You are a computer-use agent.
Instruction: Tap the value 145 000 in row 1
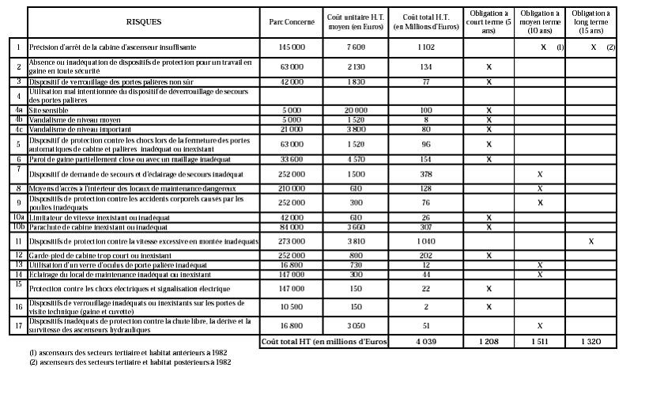click(292, 47)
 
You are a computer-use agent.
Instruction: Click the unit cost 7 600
click(355, 47)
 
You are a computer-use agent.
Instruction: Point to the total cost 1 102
click(426, 47)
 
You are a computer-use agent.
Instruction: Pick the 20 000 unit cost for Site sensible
click(355, 110)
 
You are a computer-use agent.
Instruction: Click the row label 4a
click(17, 110)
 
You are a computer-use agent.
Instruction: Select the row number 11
click(17, 241)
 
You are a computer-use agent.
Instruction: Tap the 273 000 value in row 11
click(292, 241)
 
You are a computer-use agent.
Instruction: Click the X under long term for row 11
click(590, 241)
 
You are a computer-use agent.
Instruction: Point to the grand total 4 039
click(426, 341)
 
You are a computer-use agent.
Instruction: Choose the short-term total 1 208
click(489, 341)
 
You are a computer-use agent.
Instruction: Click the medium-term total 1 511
click(540, 341)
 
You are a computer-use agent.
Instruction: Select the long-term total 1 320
click(590, 341)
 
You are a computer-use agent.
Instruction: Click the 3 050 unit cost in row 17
click(355, 324)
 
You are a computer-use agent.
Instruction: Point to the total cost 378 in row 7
click(426, 173)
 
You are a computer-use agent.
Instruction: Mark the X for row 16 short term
click(489, 306)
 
